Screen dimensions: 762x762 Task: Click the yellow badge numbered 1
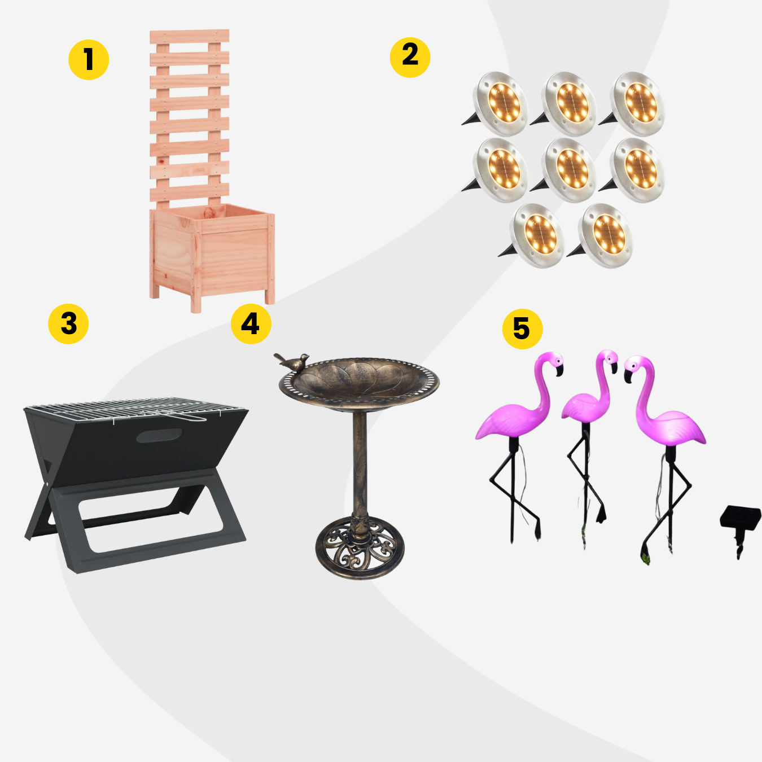pos(89,60)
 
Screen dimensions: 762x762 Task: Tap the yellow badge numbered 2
pos(410,58)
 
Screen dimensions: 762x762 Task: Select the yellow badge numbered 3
pos(68,324)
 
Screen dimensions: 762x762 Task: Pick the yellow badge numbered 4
pos(251,324)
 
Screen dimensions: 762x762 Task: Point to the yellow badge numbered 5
pos(522,329)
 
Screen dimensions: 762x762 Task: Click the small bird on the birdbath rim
pos(292,362)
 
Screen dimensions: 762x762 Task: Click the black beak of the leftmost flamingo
pos(559,371)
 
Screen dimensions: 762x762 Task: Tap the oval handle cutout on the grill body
pos(159,435)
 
